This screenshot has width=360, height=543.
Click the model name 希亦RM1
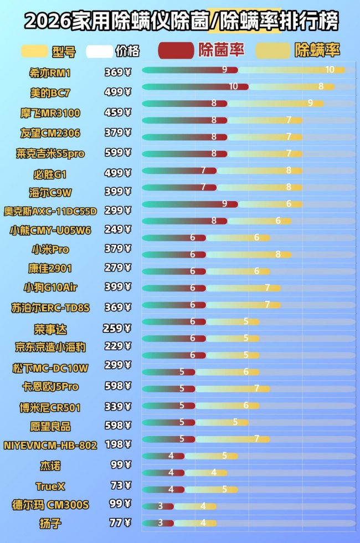tap(50, 73)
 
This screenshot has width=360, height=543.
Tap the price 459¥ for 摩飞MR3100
tap(117, 112)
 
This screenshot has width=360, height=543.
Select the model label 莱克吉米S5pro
tap(50, 153)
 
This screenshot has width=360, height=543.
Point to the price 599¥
tap(117, 153)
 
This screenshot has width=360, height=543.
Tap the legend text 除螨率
tap(317, 50)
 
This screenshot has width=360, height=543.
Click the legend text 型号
tap(64, 52)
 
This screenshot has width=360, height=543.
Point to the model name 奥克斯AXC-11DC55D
tap(50, 211)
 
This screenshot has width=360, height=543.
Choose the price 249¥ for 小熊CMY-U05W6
tap(117, 229)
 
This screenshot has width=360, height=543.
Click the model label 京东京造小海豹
tap(50, 347)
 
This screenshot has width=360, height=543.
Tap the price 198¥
tap(117, 444)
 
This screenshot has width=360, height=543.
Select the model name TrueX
tap(50, 486)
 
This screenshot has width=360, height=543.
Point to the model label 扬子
tap(50, 523)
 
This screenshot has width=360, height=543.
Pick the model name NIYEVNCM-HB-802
tap(50, 445)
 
